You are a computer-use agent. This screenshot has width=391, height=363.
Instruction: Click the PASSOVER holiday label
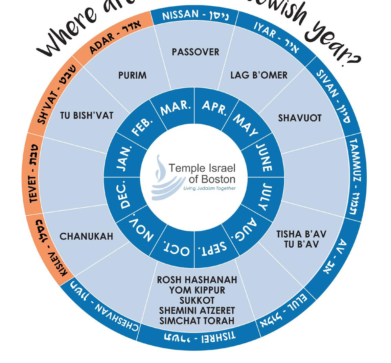click(195, 52)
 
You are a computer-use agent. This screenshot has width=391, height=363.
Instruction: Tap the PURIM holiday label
click(133, 75)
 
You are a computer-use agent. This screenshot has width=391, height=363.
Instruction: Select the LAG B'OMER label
click(259, 75)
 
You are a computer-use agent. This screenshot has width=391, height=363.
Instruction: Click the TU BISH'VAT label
click(87, 115)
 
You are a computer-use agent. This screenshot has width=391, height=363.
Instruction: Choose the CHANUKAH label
click(86, 236)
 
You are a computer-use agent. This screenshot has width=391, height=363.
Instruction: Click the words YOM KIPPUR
click(197, 290)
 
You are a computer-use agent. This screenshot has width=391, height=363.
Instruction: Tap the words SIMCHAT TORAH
click(197, 320)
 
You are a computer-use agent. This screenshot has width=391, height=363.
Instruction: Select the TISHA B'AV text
click(301, 234)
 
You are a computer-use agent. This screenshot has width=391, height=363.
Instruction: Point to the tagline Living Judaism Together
click(209, 188)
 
